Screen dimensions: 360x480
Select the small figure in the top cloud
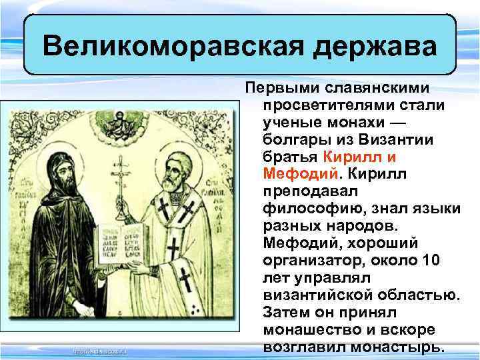122,120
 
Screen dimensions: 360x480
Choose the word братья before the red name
291,157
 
